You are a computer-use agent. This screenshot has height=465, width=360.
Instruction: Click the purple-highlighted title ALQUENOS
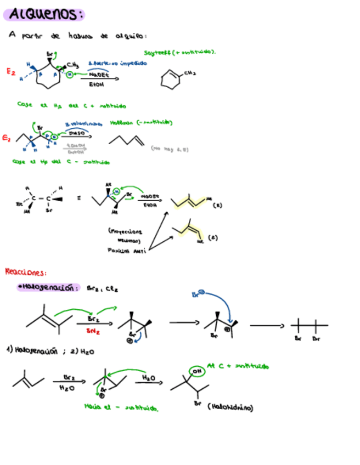point(46,14)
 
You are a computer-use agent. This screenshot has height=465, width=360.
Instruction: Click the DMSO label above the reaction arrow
point(76,132)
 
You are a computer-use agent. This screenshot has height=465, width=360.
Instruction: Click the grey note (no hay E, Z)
point(170,148)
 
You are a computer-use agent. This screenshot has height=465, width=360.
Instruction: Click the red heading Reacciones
point(26,271)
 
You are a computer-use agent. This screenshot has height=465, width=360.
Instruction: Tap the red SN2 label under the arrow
point(93,331)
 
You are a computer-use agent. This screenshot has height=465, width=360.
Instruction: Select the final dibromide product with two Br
point(306,327)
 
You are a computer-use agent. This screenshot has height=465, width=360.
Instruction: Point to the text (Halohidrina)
point(230,407)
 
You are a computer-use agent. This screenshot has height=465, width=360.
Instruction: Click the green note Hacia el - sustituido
point(121,406)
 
